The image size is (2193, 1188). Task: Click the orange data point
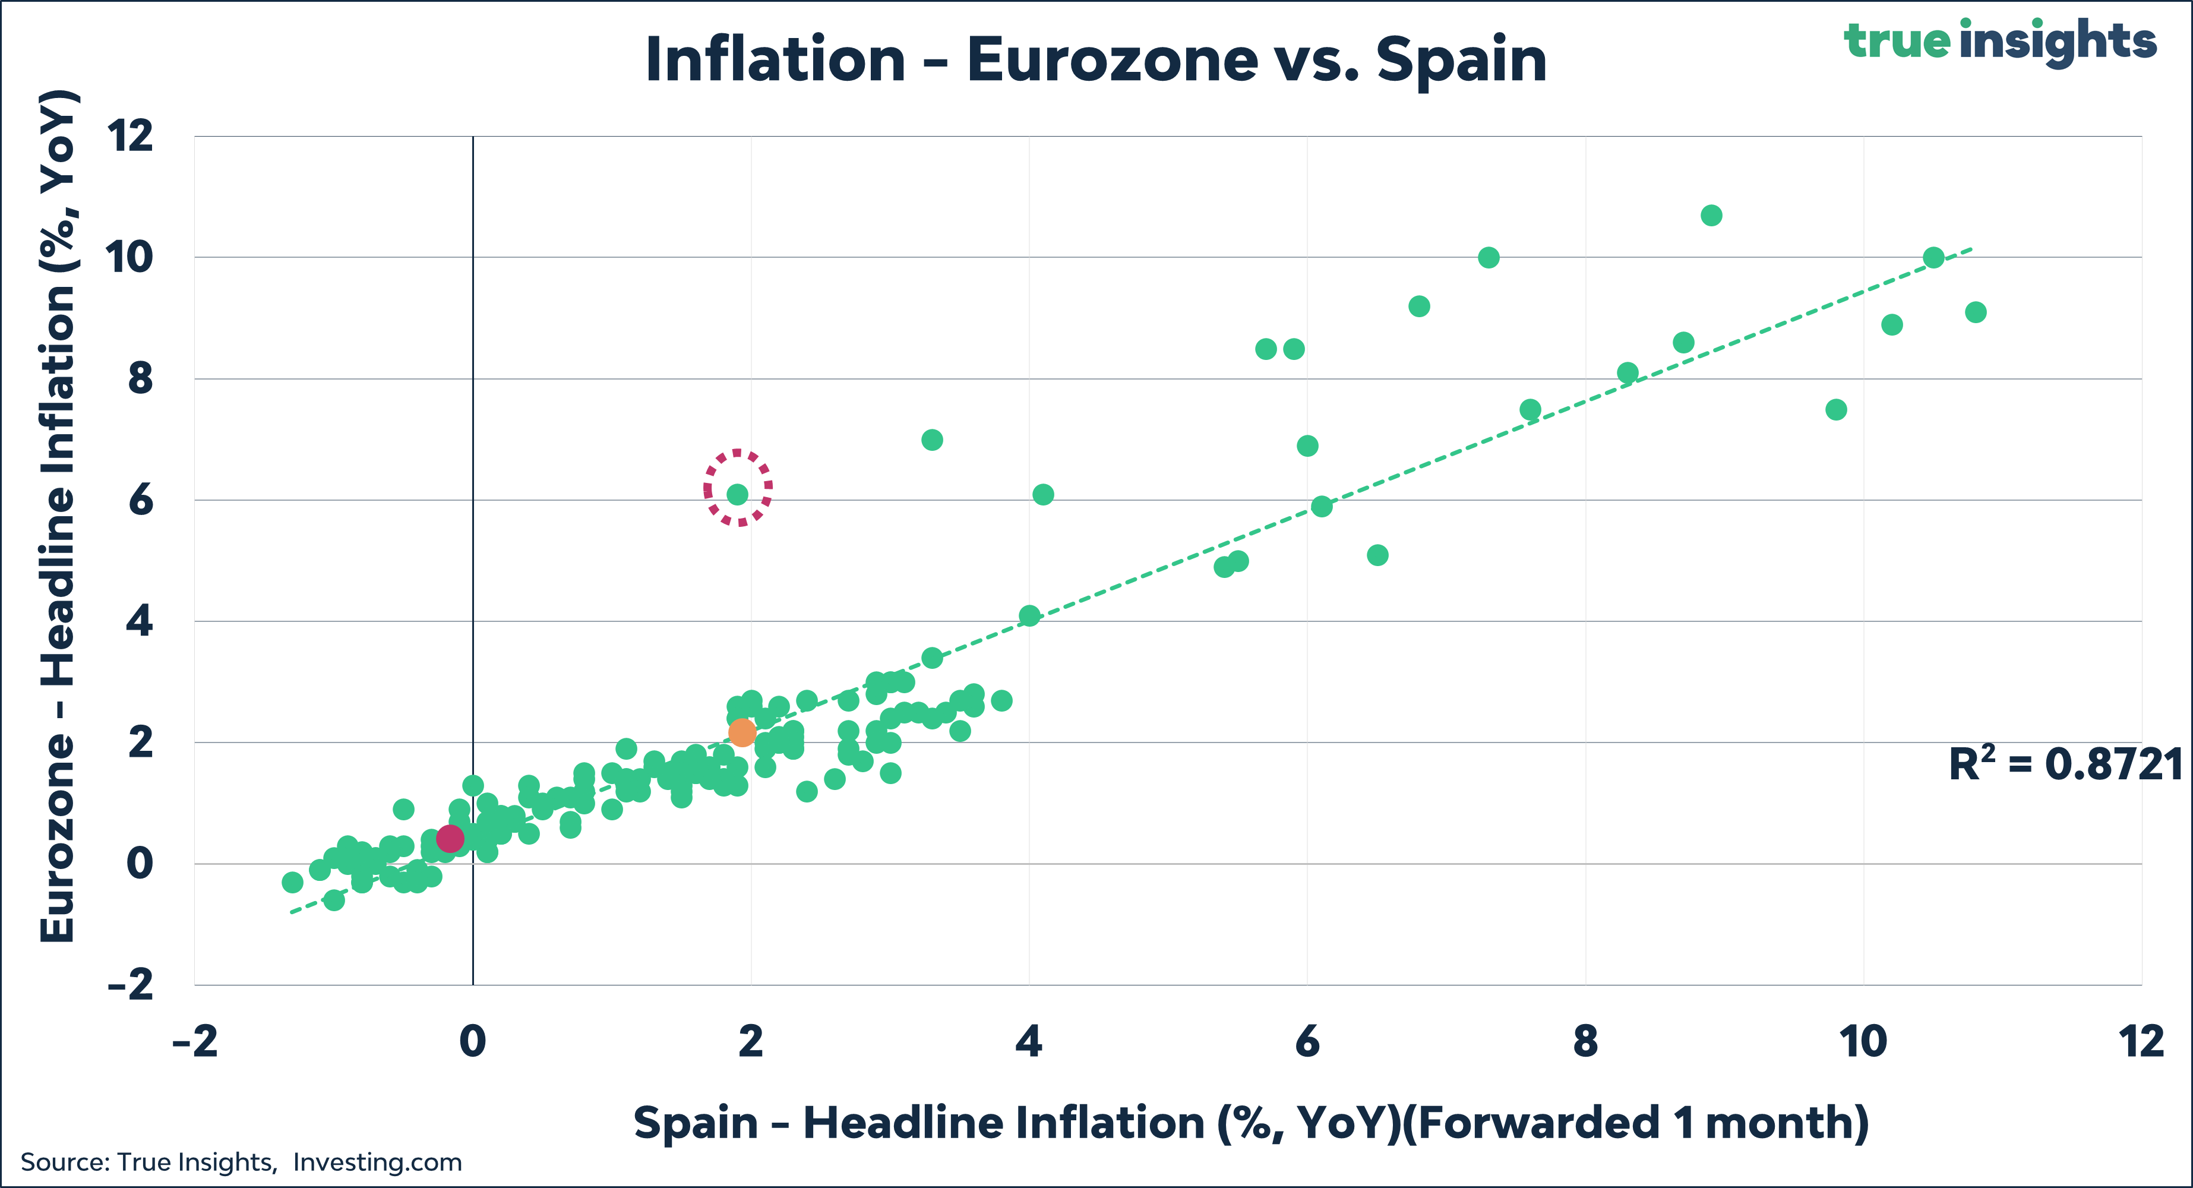(742, 732)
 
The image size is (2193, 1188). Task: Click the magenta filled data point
(450, 839)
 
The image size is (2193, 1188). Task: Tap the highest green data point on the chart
(1711, 216)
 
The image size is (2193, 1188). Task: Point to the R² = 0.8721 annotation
(2065, 764)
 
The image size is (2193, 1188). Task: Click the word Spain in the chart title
(1461, 61)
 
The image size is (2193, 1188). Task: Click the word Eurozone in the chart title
(1112, 61)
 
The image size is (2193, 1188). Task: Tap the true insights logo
(2000, 41)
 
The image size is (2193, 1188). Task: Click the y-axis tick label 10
(129, 257)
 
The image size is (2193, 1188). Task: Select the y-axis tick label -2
(130, 985)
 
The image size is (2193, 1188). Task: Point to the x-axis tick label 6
(1307, 1041)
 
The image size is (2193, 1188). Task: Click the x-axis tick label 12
(2140, 1041)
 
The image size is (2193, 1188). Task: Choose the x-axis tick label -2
(195, 1041)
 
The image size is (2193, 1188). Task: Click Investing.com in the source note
(377, 1162)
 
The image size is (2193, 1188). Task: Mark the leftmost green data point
(292, 882)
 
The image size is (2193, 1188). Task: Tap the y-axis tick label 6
(140, 500)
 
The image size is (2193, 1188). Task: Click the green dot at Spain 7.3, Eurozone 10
(1488, 257)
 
